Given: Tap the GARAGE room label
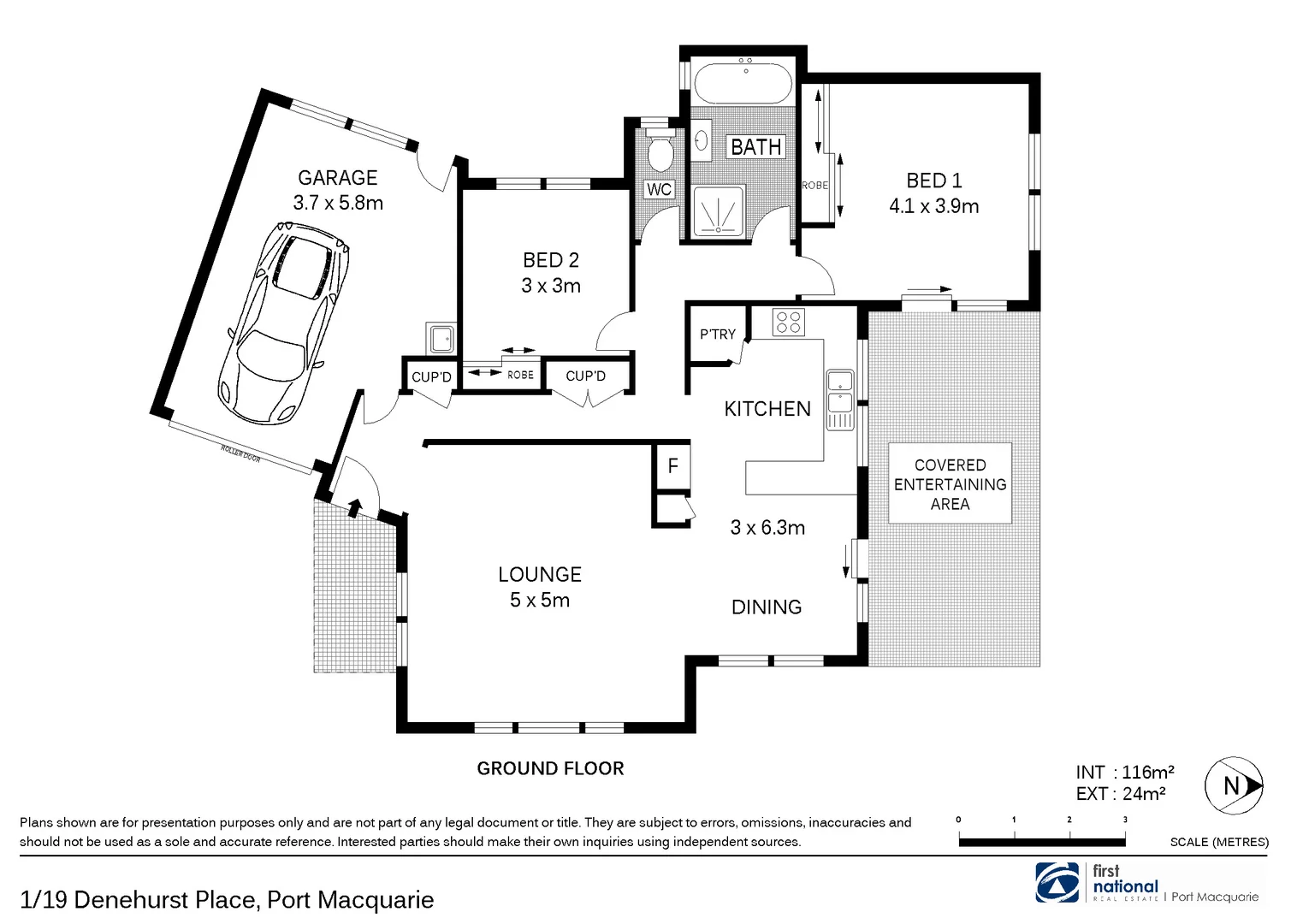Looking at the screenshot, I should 337,178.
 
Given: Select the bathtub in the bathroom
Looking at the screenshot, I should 743,83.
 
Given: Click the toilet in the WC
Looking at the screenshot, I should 660,153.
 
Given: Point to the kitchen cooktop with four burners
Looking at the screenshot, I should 788,322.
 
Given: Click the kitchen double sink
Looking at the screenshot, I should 839,400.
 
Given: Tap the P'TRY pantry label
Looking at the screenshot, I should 717,335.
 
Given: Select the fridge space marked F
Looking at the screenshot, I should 672,466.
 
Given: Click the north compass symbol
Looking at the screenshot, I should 1234,785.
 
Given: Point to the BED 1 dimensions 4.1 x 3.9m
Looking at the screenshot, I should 933,206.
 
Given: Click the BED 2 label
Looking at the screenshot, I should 551,260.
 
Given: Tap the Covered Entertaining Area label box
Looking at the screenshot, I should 950,483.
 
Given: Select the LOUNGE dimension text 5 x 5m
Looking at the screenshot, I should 540,601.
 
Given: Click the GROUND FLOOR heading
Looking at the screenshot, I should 550,768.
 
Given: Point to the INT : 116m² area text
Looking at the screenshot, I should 1124,773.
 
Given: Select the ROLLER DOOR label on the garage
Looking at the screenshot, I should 240,453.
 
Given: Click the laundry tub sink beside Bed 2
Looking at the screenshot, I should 441,339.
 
